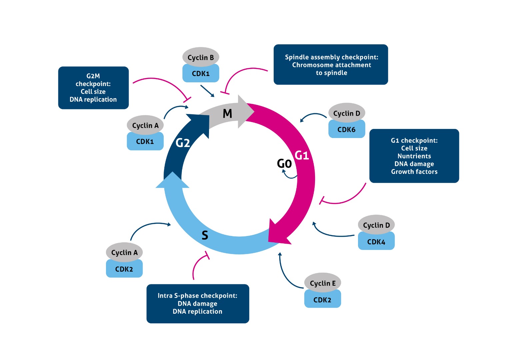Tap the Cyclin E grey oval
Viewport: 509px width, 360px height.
[x=322, y=283]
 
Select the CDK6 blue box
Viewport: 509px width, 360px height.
[x=346, y=130]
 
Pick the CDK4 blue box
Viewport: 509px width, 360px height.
[x=376, y=242]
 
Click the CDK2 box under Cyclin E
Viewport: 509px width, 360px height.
[x=322, y=300]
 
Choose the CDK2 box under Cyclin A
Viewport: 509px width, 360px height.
[x=124, y=269]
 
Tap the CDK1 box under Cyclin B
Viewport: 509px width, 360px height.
[x=201, y=74]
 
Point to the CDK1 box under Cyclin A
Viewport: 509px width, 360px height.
[x=145, y=142]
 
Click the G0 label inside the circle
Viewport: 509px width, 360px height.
[x=284, y=163]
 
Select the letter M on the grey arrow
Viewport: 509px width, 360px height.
[x=227, y=114]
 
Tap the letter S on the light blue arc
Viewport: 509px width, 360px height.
[x=205, y=235]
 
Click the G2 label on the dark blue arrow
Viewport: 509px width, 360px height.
[x=183, y=143]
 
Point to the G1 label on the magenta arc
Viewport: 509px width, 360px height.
[x=302, y=155]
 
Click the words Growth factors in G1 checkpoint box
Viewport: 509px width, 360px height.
[x=414, y=172]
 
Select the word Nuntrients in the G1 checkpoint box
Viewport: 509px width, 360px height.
[x=414, y=156]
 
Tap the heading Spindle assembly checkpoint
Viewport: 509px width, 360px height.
[x=331, y=57]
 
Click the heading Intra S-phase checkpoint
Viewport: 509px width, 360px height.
[x=197, y=296]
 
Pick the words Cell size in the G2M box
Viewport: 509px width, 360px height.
[x=93, y=92]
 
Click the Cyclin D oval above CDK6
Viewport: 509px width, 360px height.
[x=347, y=113]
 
